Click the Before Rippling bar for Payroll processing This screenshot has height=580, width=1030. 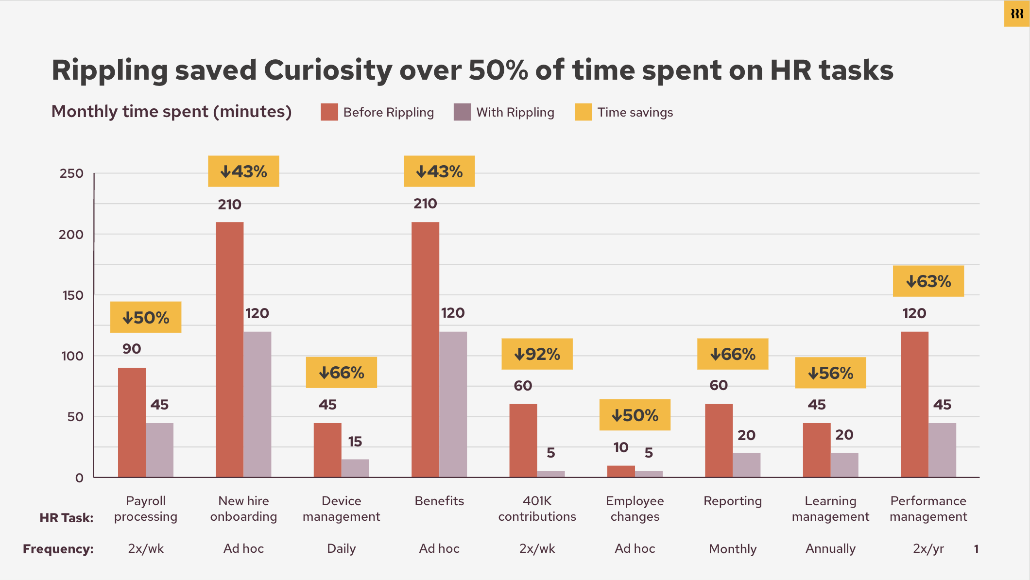[132, 423]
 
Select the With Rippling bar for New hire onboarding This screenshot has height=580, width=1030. [257, 404]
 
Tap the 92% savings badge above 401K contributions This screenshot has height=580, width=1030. [537, 354]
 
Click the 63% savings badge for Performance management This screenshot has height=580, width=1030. [928, 281]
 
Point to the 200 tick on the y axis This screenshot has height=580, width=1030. [71, 235]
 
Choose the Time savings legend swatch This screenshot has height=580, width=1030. [583, 112]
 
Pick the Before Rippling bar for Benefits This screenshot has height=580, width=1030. [425, 350]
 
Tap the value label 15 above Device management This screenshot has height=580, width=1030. [355, 442]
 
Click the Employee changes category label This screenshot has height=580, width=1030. [635, 509]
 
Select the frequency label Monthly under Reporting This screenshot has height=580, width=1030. [733, 549]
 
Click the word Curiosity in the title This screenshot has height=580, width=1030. [328, 70]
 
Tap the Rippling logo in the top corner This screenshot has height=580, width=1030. [1016, 14]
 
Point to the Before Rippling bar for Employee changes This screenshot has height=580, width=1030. [621, 471]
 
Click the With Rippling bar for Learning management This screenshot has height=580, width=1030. [844, 465]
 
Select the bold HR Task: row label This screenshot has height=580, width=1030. [67, 518]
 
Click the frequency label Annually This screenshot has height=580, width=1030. [830, 549]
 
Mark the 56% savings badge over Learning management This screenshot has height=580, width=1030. [830, 373]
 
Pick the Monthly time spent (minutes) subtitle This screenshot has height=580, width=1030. [172, 112]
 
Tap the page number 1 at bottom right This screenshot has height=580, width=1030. [976, 549]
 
